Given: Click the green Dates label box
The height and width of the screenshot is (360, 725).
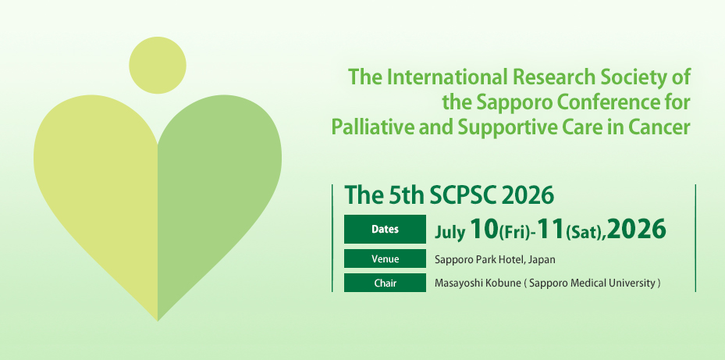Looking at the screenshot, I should point(385,230).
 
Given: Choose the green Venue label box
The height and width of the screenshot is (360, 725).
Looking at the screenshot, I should point(385,259).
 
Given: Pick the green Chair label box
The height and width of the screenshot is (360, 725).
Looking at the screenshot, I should point(385,283).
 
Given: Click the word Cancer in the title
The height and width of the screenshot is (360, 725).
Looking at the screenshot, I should point(662,127).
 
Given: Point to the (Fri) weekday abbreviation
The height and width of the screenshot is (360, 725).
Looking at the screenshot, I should point(517,231).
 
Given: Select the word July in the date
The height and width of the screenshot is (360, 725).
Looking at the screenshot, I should point(450,230).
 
